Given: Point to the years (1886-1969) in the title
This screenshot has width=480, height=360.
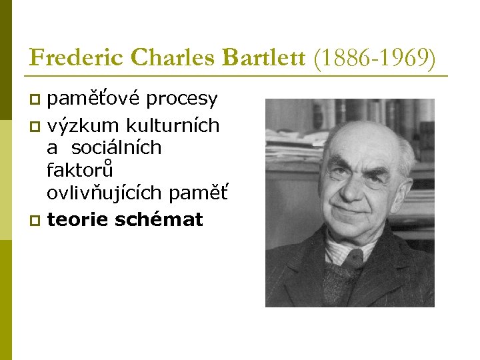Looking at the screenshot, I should click(375, 59).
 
